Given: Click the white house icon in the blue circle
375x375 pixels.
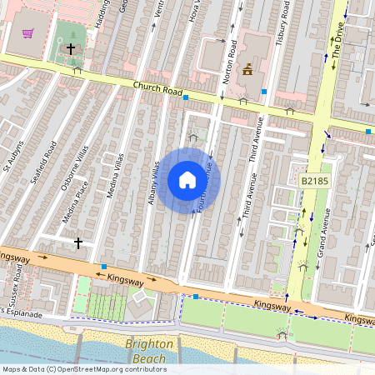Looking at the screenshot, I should pos(187,179).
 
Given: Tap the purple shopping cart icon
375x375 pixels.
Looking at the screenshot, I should pos(28,33).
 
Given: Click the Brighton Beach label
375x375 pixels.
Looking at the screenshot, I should pos(150,350).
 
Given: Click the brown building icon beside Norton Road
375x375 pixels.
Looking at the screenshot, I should pos(247,71).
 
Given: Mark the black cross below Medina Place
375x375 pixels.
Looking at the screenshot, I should pos(78,242).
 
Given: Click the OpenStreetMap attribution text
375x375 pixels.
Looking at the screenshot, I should pos(83,369).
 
